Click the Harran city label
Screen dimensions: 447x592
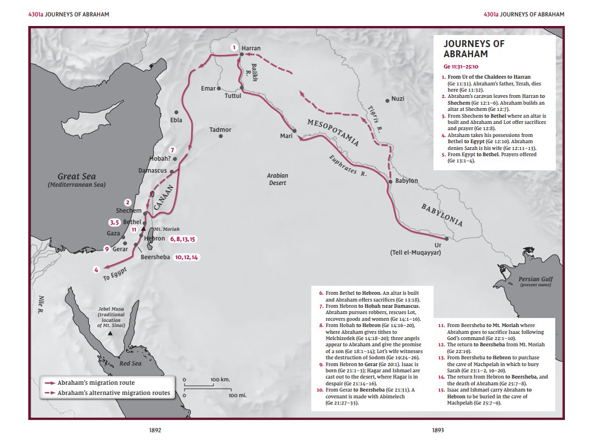[x=251, y=48]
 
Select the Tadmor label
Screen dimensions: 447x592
[x=220, y=130]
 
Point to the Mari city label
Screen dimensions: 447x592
[x=286, y=136]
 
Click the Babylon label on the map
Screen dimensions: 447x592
[x=406, y=181]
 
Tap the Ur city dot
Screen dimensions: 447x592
[x=447, y=238]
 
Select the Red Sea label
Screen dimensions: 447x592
[x=130, y=363]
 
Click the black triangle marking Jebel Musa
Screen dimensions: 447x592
[x=110, y=334]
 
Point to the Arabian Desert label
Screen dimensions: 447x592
[x=277, y=179]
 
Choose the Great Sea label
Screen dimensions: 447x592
[x=76, y=180]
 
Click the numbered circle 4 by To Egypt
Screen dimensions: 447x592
[x=97, y=270]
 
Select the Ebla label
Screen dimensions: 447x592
[x=176, y=120]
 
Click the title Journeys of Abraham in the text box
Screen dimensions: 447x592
[x=466, y=49]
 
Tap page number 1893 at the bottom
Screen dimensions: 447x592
[x=437, y=431]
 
